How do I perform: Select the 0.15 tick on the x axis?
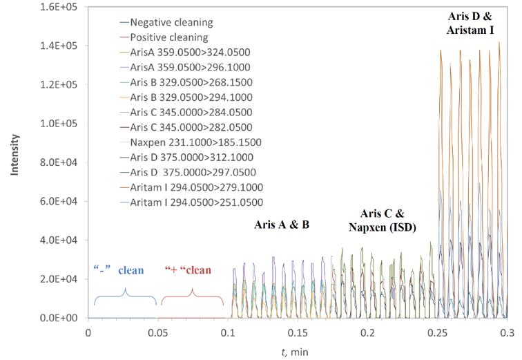[x=298, y=332]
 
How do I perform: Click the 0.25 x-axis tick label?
[x=437, y=332]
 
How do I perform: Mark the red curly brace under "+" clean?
[x=192, y=296]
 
